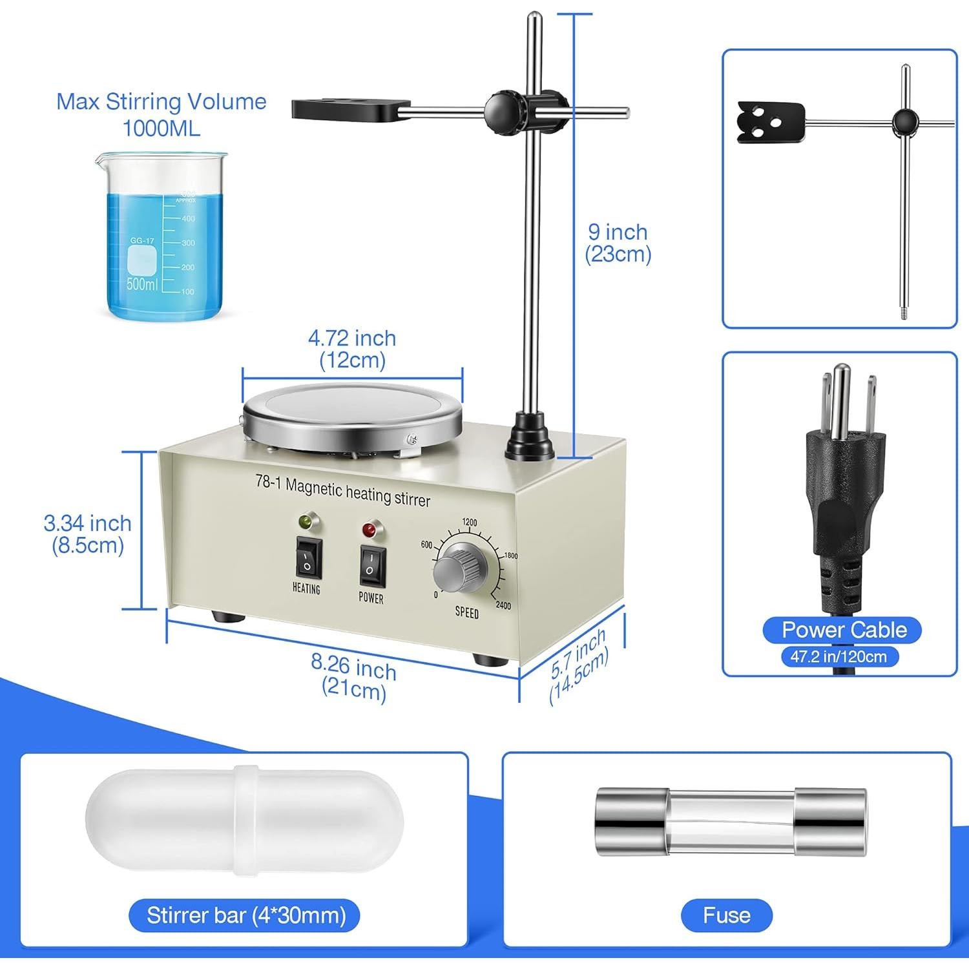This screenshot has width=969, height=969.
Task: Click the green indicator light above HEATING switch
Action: [x=304, y=521]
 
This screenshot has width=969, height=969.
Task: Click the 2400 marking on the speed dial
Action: [x=503, y=605]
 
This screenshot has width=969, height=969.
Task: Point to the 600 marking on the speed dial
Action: [x=426, y=545]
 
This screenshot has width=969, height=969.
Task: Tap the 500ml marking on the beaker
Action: [x=141, y=284]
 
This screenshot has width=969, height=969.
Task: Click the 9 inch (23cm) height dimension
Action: [x=618, y=243]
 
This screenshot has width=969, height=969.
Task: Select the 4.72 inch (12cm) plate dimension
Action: [x=352, y=349]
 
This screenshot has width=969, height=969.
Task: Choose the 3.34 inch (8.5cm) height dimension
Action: [x=87, y=534]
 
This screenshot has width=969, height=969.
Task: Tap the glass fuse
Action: [x=730, y=821]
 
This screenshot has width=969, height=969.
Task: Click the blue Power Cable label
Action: [x=844, y=630]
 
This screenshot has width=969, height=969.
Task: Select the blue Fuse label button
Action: [x=727, y=915]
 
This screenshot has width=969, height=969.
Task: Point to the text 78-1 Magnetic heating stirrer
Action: [x=342, y=490]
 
